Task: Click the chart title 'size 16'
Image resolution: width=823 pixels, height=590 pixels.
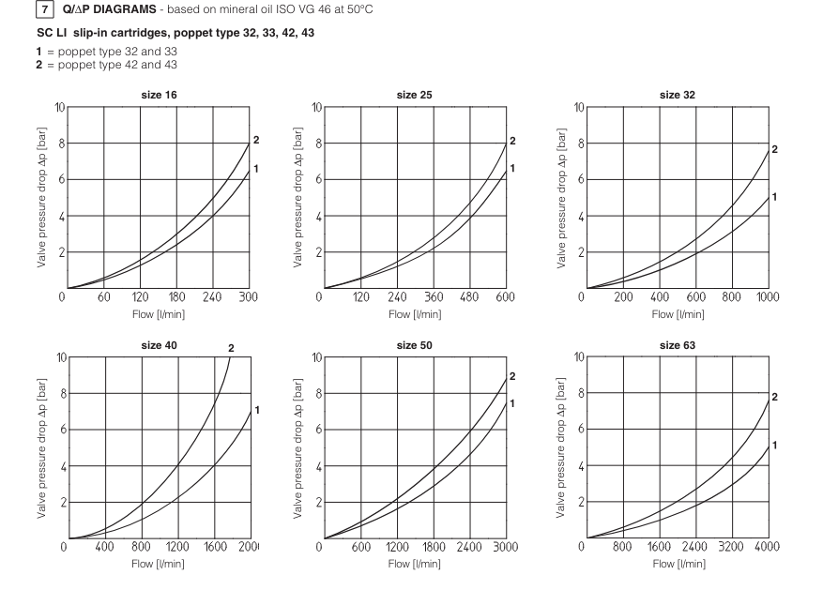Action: (x=159, y=95)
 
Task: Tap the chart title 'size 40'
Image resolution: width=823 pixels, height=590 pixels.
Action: (x=159, y=345)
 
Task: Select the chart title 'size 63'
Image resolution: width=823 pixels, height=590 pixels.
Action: (x=682, y=345)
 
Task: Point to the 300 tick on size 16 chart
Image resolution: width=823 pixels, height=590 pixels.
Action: (x=249, y=297)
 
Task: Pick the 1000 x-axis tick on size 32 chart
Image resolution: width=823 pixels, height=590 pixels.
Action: (x=767, y=297)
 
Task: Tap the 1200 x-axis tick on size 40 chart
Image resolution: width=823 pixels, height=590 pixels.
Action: (x=177, y=548)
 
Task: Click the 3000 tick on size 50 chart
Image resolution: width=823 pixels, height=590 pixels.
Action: (x=506, y=548)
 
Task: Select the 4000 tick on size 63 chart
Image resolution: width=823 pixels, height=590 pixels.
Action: (x=767, y=548)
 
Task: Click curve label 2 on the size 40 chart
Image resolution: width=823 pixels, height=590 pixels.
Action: (x=231, y=348)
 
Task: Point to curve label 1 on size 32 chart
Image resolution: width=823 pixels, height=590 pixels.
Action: (x=775, y=196)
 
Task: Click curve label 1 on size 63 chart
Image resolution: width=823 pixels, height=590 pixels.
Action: (x=775, y=446)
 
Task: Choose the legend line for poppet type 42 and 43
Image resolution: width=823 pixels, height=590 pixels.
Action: (x=84, y=64)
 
